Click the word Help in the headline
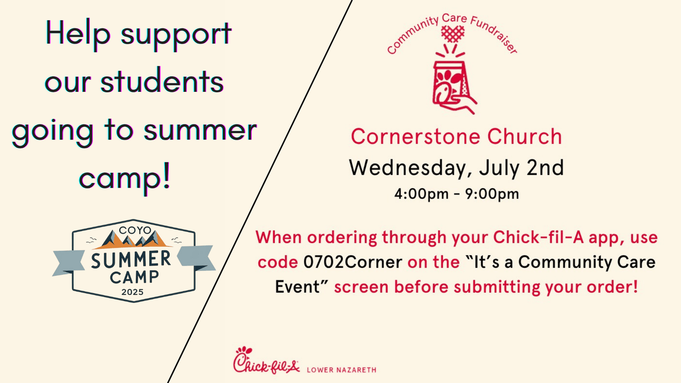click(x=78, y=34)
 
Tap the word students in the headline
click(x=162, y=81)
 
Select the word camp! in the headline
click(x=125, y=178)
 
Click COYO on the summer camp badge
click(x=135, y=230)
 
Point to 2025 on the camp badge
click(x=132, y=292)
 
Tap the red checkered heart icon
click(x=453, y=34)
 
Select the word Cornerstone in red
click(x=415, y=137)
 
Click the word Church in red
click(x=524, y=136)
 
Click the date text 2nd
click(x=545, y=168)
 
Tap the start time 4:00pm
click(x=421, y=194)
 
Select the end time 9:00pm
click(x=492, y=194)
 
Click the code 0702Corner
click(x=353, y=262)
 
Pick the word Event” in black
click(x=302, y=287)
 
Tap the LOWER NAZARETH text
click(x=341, y=370)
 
